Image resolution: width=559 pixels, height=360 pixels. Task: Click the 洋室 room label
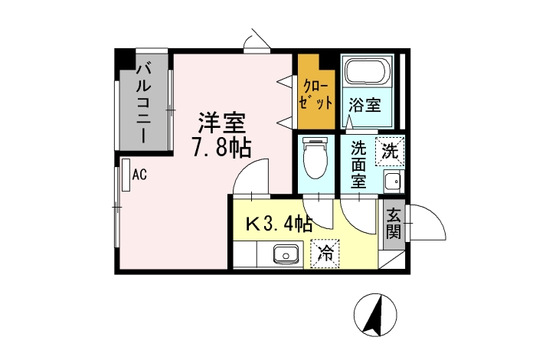[x=222, y=123]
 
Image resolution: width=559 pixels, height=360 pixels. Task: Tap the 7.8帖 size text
[x=222, y=147]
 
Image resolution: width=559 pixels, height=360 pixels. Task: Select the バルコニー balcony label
[x=144, y=103]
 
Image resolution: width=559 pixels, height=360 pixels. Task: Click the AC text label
[x=139, y=175]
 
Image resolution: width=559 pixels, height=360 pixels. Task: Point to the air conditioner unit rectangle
[x=126, y=175]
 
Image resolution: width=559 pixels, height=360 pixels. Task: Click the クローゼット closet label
[x=315, y=96]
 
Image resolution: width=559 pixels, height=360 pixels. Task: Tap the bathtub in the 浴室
[x=368, y=71]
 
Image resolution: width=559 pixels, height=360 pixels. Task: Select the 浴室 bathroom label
[x=364, y=105]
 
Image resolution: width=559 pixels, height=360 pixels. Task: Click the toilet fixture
[x=315, y=158]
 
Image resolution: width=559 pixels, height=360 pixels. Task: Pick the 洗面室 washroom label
[x=358, y=165]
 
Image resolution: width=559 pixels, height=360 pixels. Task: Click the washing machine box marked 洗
[x=390, y=152]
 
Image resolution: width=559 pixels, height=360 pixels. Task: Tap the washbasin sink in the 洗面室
[x=394, y=182]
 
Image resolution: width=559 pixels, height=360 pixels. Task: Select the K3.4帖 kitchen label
[x=279, y=224]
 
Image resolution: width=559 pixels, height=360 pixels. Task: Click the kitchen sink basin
[x=286, y=254]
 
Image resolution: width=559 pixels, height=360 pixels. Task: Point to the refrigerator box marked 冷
[x=325, y=254]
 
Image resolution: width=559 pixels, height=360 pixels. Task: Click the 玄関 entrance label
[x=394, y=224]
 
